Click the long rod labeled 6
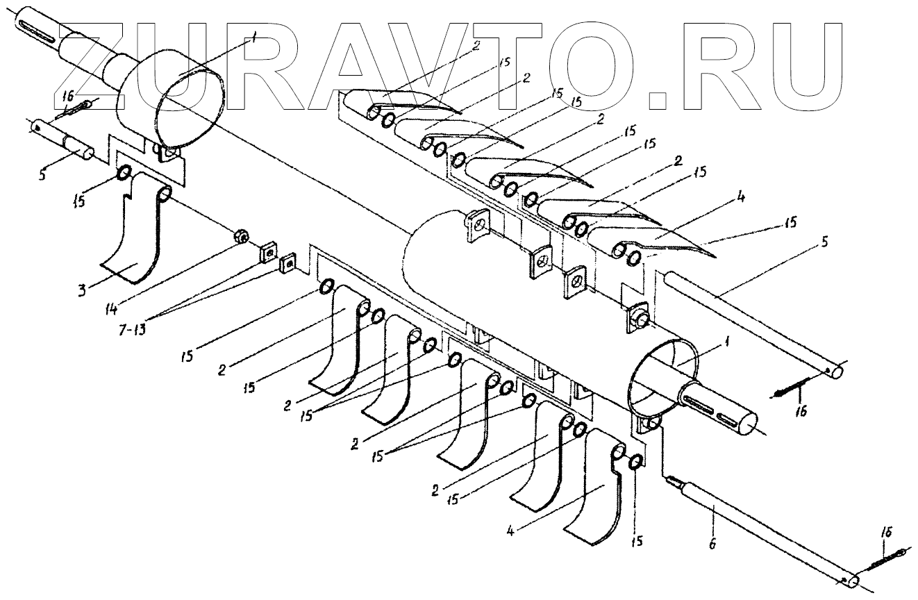(x=764, y=528)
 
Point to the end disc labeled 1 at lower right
(x=660, y=378)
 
